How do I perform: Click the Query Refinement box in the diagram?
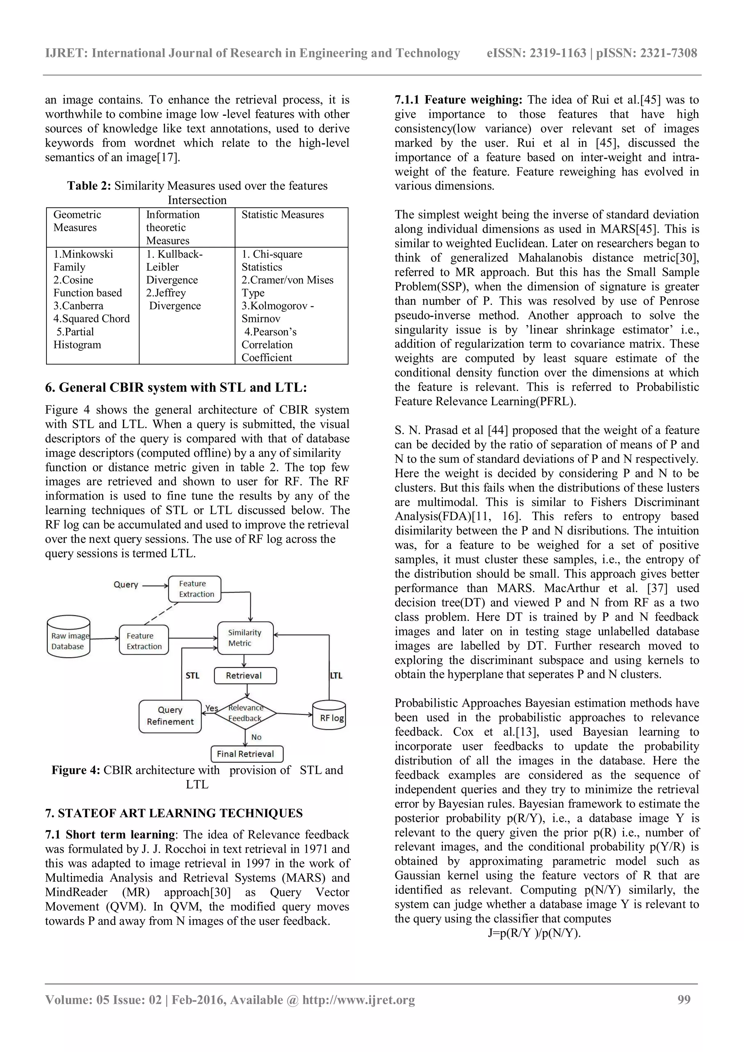point(170,716)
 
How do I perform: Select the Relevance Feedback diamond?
point(246,713)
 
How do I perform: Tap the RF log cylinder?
point(329,716)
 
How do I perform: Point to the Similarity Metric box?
point(245,638)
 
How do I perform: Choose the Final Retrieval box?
point(247,754)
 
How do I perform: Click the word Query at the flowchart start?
point(126,585)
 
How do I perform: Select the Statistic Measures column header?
point(282,215)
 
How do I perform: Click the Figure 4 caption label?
point(76,770)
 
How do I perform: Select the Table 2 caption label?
point(89,185)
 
